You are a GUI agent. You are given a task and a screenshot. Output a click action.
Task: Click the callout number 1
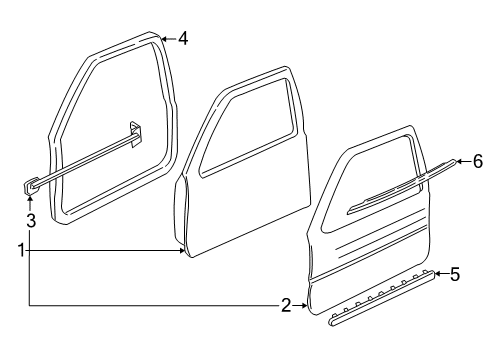coord(20,250)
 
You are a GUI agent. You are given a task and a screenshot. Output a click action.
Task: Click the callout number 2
coord(285,305)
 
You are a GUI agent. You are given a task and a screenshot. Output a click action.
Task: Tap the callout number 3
coord(31,220)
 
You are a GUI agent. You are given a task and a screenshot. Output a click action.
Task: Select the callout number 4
coord(183,40)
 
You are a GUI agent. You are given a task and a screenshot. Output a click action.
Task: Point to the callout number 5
coord(455,272)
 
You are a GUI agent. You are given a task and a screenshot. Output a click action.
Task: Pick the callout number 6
coord(478,161)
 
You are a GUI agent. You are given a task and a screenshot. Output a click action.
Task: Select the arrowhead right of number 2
coord(305,305)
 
